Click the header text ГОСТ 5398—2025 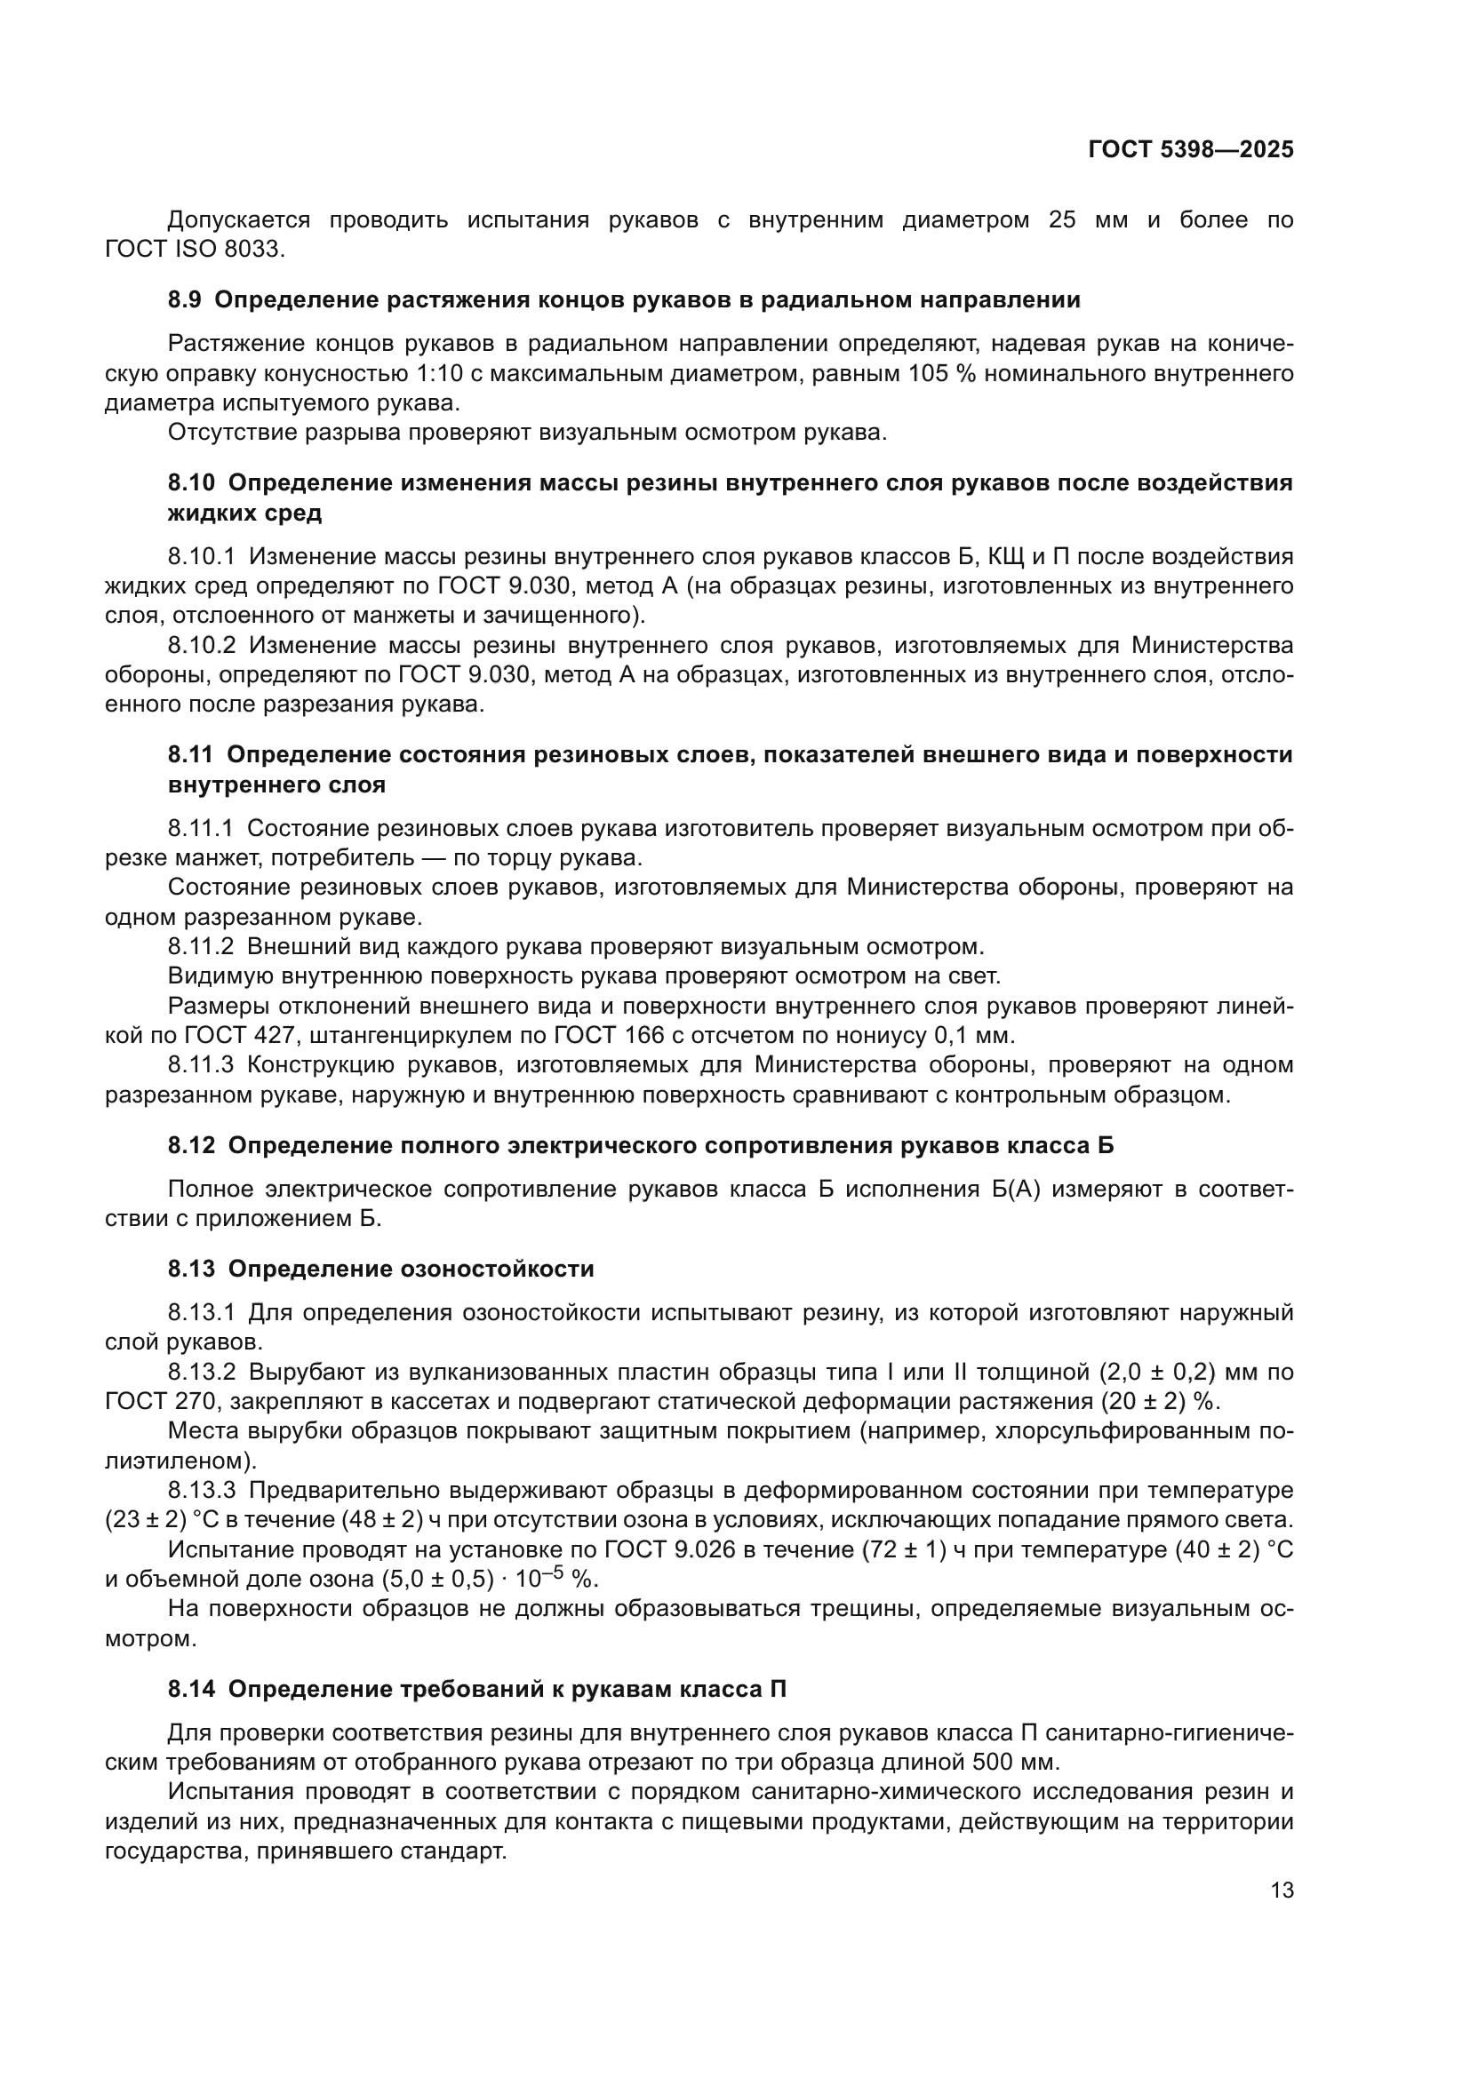tap(1190, 150)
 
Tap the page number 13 tap(1282, 1891)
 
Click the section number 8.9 tap(185, 299)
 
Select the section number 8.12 tap(191, 1146)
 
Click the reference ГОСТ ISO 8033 tap(194, 249)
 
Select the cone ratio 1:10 tap(446, 373)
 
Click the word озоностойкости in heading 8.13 tap(496, 1269)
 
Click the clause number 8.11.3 tap(201, 1065)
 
